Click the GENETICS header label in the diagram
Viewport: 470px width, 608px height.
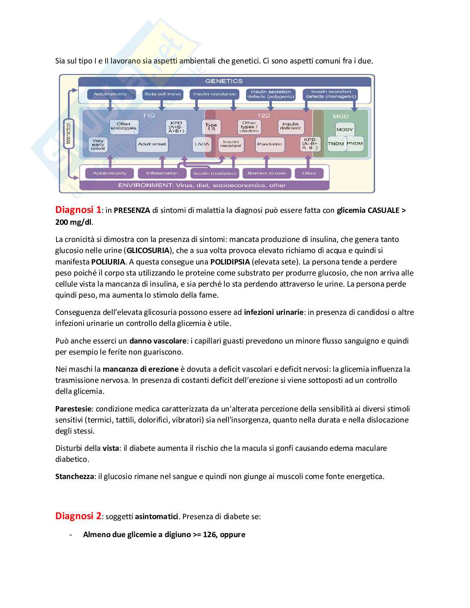point(224,81)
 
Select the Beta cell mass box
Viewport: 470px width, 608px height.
point(163,94)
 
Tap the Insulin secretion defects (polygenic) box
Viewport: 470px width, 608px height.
point(271,94)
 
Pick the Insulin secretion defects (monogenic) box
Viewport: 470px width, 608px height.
point(331,94)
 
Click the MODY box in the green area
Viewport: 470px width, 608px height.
point(344,129)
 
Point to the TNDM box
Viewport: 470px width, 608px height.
point(336,144)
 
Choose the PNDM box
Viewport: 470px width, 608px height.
point(355,144)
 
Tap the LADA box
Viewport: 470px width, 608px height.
point(202,144)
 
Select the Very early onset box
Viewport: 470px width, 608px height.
point(98,145)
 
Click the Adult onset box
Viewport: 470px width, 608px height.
point(152,144)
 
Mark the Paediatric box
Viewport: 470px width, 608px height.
point(269,144)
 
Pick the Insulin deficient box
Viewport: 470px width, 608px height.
point(290,126)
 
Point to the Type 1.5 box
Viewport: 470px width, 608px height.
point(211,127)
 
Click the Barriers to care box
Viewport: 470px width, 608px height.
point(267,173)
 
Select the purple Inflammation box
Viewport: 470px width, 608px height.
point(162,173)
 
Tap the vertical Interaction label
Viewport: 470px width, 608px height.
point(68,133)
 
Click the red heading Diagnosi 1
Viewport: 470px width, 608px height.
point(78,210)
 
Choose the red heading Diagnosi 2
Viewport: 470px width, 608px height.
point(78,516)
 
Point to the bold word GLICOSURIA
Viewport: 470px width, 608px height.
point(148,250)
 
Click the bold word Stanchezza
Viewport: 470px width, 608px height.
point(75,477)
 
